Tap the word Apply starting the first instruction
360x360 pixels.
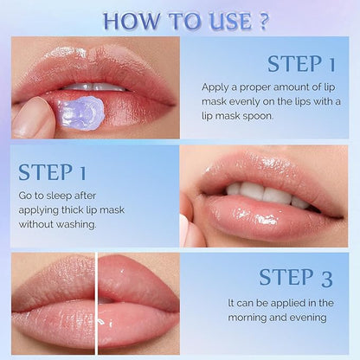217,87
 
